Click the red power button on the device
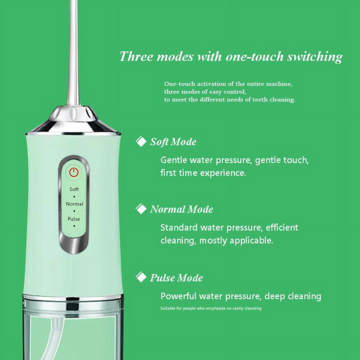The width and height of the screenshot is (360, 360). tap(74, 172)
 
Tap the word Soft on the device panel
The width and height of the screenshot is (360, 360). tap(74, 189)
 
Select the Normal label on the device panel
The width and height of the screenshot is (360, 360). tap(75, 204)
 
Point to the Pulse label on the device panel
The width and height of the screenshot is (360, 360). tap(74, 219)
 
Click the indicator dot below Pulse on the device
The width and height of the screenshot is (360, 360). tap(74, 226)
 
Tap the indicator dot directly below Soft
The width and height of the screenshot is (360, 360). tap(74, 197)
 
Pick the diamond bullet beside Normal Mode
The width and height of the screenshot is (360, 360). tap(141, 209)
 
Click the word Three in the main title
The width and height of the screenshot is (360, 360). tap(136, 56)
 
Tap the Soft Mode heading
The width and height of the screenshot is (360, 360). tap(173, 142)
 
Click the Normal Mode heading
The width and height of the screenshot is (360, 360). tap(181, 209)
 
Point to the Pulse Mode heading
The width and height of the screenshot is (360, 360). tap(176, 278)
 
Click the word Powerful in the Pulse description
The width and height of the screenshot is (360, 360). tap(179, 296)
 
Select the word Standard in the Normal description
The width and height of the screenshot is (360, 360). tap(179, 228)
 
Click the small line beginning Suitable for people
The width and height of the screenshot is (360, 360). tap(211, 308)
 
